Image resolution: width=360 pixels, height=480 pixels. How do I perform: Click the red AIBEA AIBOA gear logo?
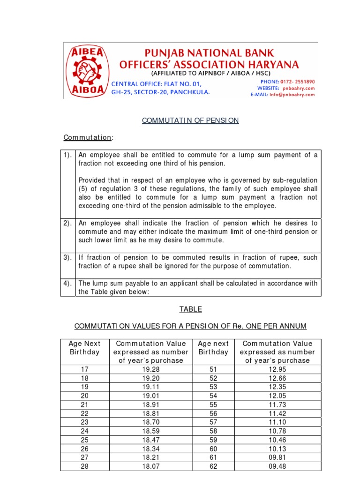pos(87,71)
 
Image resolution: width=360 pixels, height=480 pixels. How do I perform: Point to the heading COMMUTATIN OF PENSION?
pos(190,120)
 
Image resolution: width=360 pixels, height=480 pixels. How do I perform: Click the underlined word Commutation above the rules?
pos(88,137)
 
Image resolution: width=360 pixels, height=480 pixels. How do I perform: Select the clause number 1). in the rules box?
pos(68,155)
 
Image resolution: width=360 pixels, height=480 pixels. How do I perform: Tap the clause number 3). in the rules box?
pos(68,258)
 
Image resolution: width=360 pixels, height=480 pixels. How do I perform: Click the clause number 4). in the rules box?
pos(68,283)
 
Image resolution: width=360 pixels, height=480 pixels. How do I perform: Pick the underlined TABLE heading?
pos(190,309)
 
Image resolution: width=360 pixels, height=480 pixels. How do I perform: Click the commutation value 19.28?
pos(150,369)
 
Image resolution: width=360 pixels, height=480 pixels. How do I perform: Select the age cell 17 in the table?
pos(85,369)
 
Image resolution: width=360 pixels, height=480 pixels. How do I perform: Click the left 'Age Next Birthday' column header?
pos(85,348)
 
